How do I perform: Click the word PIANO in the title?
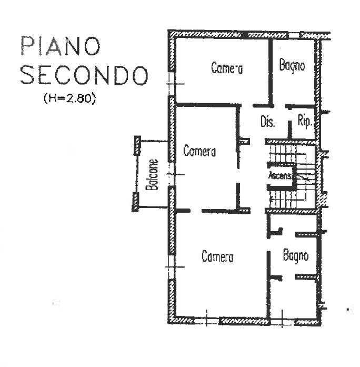click(x=61, y=46)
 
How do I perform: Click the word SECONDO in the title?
click(x=84, y=75)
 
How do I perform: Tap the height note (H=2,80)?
click(x=69, y=98)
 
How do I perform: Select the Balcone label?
click(x=152, y=175)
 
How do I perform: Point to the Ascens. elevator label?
click(x=280, y=175)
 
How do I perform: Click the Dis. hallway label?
click(x=267, y=122)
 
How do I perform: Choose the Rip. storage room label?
click(x=305, y=121)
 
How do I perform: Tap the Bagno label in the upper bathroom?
click(x=292, y=65)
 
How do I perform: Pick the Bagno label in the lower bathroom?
click(x=296, y=256)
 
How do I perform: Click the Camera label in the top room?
click(x=227, y=67)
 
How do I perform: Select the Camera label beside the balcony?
click(x=199, y=151)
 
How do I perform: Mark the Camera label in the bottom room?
click(x=217, y=256)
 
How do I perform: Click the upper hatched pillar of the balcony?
click(x=137, y=145)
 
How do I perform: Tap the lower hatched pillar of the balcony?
click(x=135, y=202)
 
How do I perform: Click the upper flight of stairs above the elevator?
click(x=288, y=154)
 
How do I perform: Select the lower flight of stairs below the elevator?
click(x=288, y=199)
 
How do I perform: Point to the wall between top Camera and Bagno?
click(x=271, y=72)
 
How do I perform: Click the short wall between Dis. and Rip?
click(x=289, y=129)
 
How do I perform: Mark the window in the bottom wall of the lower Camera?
click(x=207, y=320)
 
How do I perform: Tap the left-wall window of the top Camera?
click(x=172, y=84)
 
